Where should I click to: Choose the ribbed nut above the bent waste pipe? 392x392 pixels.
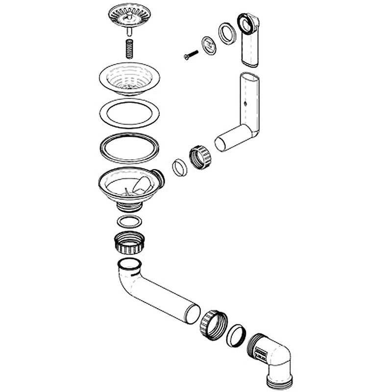[130, 243]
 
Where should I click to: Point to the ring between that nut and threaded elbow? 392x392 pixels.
[237, 335]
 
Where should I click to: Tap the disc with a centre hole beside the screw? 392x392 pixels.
[209, 46]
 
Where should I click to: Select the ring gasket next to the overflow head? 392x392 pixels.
[227, 33]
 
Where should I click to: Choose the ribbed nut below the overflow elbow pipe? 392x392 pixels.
[200, 157]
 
